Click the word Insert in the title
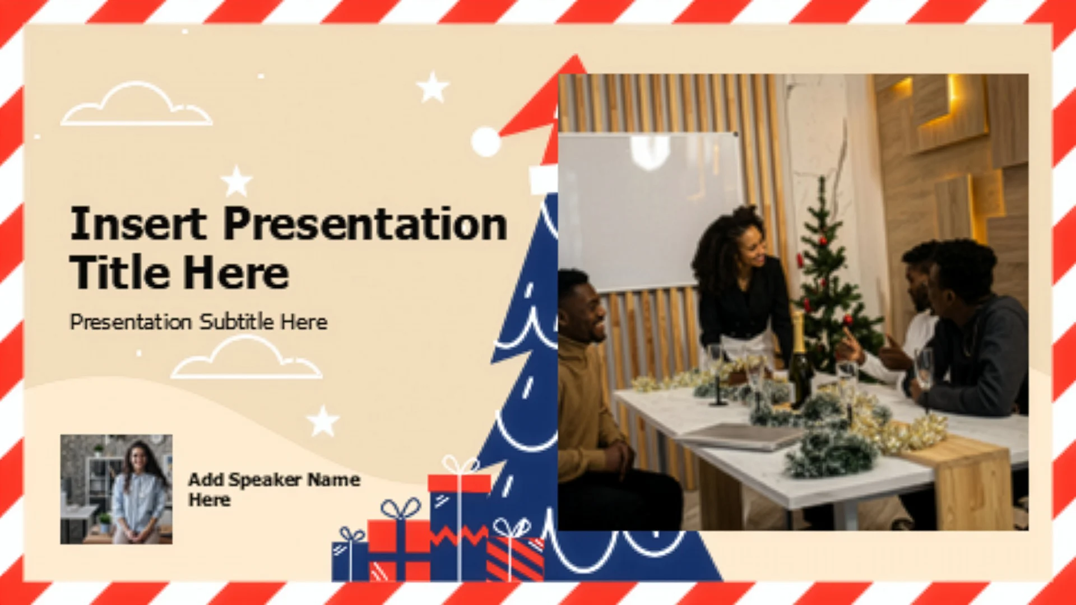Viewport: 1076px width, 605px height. pyautogui.click(x=138, y=224)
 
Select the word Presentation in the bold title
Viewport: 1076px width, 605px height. pyautogui.click(x=365, y=224)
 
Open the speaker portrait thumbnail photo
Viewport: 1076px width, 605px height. pyautogui.click(x=117, y=489)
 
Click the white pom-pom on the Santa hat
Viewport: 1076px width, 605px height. pyautogui.click(x=486, y=142)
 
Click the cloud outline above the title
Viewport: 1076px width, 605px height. pyautogui.click(x=136, y=104)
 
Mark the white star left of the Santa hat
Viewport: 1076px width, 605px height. pyautogui.click(x=433, y=87)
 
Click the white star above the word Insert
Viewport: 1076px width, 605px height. pyautogui.click(x=236, y=182)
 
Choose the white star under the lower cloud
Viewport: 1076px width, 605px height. pyautogui.click(x=323, y=421)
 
